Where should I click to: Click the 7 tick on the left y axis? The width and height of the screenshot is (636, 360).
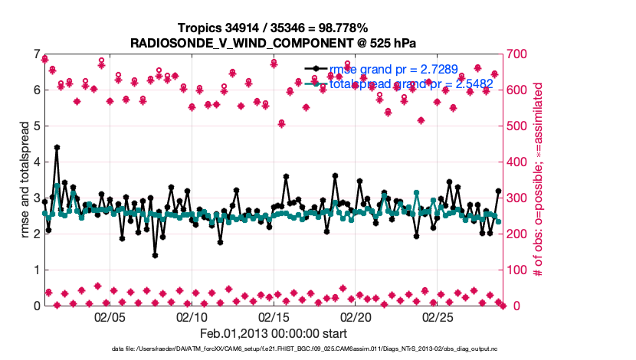pyautogui.click(x=36, y=54)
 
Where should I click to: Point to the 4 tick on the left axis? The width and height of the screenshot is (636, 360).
pyautogui.click(x=36, y=162)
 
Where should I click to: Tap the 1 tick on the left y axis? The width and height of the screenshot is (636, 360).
pyautogui.click(x=36, y=270)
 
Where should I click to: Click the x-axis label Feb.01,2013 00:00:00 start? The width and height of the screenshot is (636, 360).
pyautogui.click(x=273, y=333)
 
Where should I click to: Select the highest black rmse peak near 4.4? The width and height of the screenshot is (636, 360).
pyautogui.click(x=57, y=147)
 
